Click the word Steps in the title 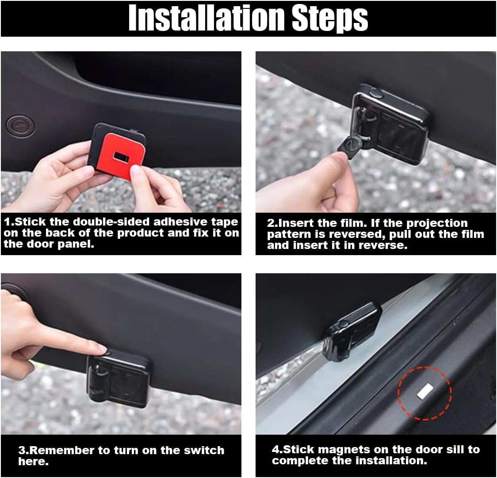point(330,19)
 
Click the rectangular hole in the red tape point(121,157)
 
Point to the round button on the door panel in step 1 point(20,126)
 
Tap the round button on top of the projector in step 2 point(376,93)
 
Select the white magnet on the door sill point(425,391)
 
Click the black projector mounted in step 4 point(352,331)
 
